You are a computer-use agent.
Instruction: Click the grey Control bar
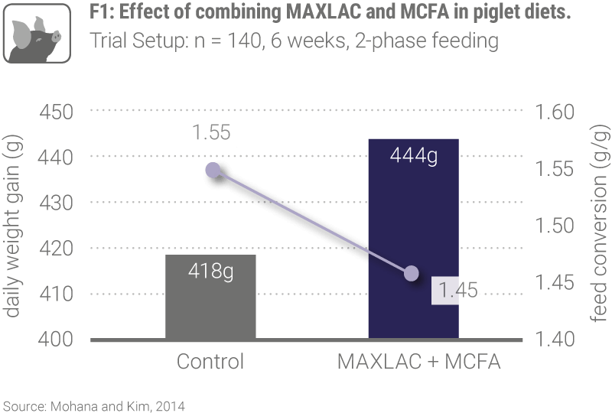coord(210,306)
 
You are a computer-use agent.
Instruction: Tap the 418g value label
coord(210,271)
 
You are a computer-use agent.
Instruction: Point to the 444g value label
coord(413,158)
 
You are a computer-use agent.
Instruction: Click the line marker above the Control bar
coord(213,170)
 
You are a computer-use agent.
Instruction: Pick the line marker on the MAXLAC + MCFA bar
coord(412,273)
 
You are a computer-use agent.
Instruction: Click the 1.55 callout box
coord(210,133)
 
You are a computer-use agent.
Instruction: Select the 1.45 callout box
coord(457,291)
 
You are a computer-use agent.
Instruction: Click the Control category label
coord(210,362)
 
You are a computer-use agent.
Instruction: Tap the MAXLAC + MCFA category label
coord(418,362)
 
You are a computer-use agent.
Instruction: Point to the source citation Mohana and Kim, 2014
coord(95,405)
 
